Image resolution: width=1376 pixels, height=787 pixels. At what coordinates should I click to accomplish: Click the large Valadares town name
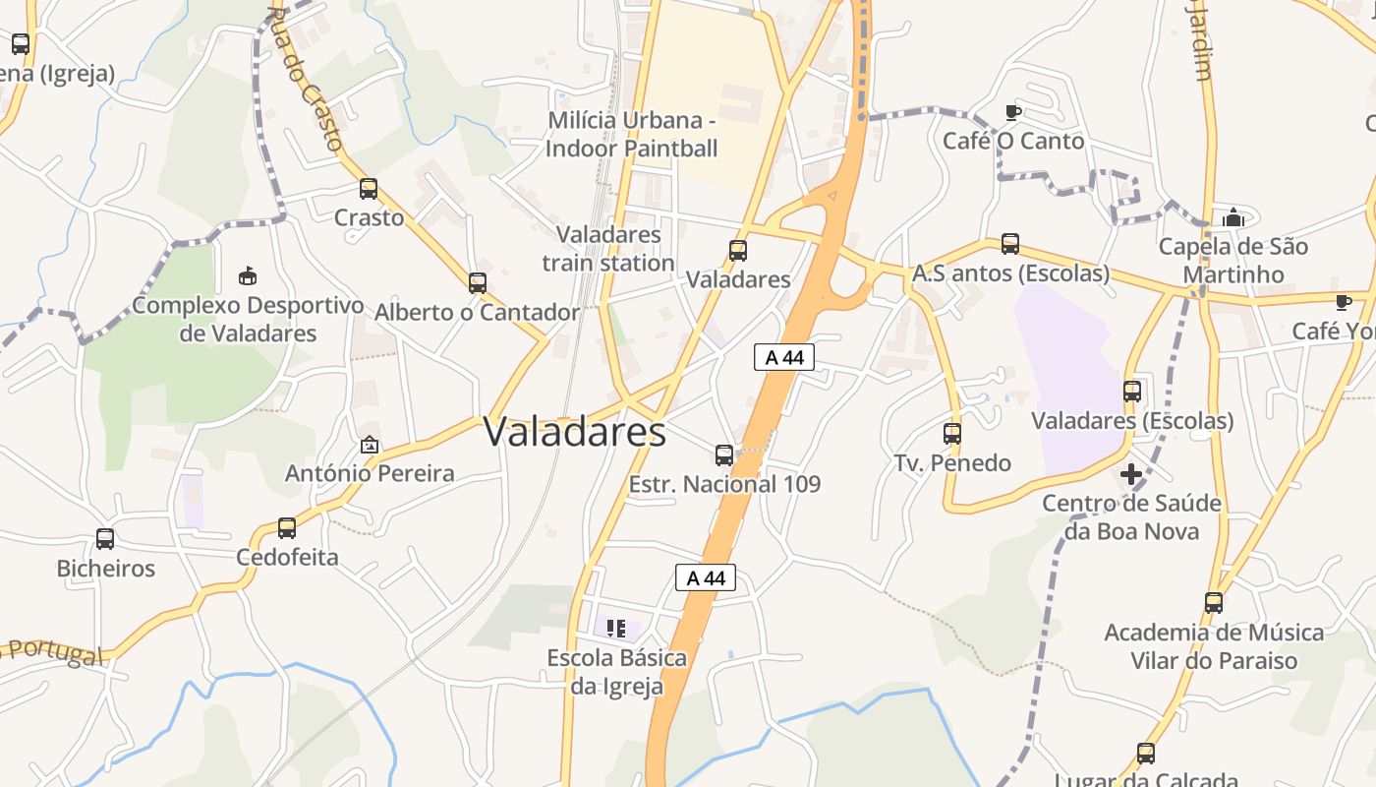coord(575,432)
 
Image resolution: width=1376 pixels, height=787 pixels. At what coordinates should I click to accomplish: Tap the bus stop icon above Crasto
coord(369,189)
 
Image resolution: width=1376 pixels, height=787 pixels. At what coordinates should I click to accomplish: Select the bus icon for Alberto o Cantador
coord(478,283)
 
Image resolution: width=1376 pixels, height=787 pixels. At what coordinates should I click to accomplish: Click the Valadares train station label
coord(607,249)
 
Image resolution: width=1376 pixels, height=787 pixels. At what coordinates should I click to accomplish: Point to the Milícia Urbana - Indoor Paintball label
coord(632,135)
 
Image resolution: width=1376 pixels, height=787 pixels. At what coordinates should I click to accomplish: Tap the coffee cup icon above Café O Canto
coord(1013,112)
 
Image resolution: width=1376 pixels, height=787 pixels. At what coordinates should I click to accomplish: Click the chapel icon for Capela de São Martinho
coord(1233,217)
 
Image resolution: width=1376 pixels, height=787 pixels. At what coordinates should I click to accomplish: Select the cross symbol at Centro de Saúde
coord(1131,474)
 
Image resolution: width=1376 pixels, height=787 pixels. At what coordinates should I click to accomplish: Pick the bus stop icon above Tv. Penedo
coord(951,433)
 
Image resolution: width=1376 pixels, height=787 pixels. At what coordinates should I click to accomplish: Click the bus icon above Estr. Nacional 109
coord(724,454)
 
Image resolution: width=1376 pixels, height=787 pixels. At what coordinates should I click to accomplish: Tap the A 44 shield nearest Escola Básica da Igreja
coord(706,577)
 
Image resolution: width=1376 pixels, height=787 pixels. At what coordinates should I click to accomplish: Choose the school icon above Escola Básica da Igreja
coord(616,628)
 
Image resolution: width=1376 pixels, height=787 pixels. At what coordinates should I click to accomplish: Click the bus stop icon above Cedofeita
coord(287,528)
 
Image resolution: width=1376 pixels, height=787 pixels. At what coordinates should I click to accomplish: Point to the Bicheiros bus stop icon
coord(105,539)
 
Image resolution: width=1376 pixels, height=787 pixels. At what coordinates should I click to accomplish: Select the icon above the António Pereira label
coord(370,445)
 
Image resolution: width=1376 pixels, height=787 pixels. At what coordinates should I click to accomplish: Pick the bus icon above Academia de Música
coord(1214,602)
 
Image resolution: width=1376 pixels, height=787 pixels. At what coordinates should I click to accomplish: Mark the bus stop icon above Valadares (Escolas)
coord(1132,391)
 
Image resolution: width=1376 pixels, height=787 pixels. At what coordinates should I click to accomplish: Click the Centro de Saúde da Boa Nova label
coord(1132,517)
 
